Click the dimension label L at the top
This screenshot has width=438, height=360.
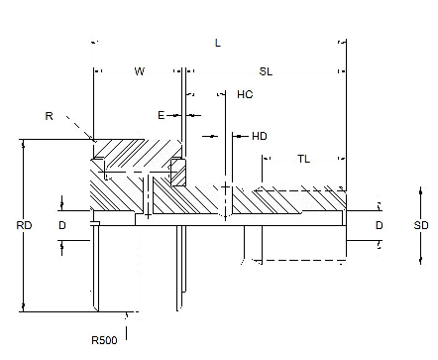[217, 43]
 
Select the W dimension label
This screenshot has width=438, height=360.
[140, 71]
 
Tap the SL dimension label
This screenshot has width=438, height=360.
[266, 71]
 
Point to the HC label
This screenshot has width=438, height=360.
[245, 94]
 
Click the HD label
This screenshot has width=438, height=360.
[260, 136]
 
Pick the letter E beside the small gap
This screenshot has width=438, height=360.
[161, 115]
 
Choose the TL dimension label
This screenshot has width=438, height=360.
[303, 159]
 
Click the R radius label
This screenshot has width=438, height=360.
[49, 116]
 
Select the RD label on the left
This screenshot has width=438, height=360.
[24, 225]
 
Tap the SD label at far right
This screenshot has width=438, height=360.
[421, 225]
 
